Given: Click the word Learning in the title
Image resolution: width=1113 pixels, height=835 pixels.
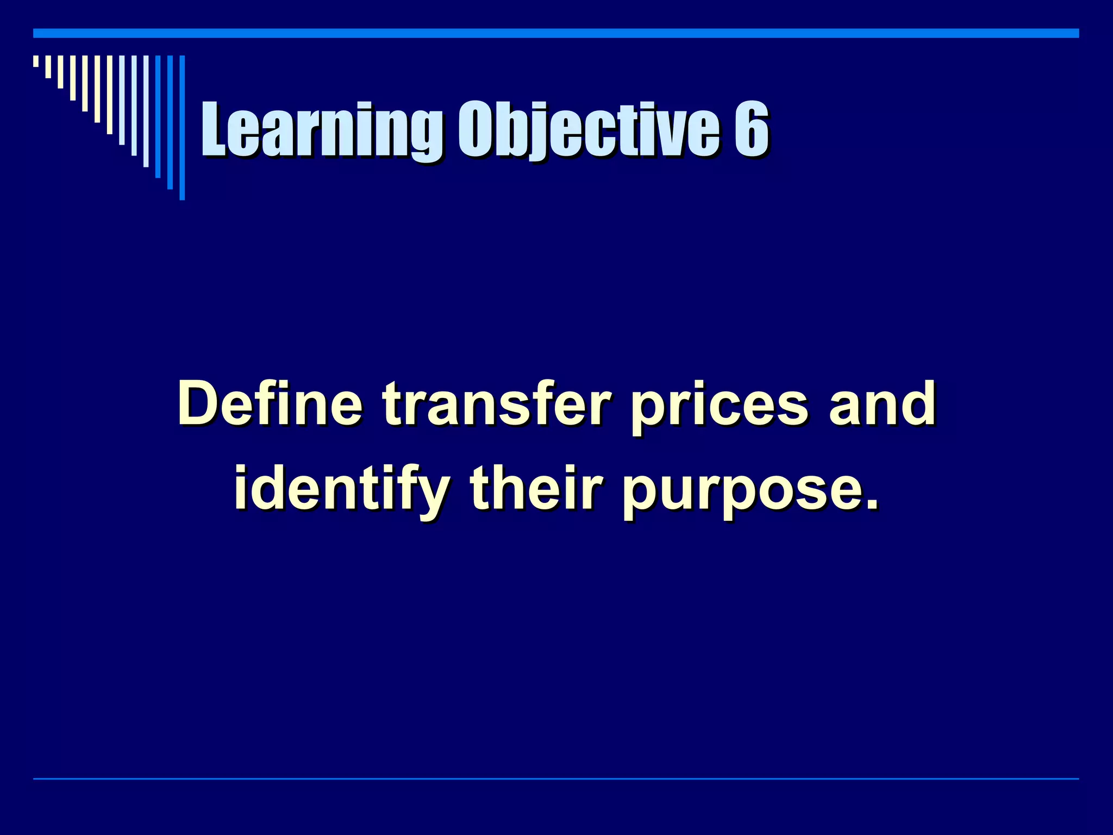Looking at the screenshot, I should pos(321,130).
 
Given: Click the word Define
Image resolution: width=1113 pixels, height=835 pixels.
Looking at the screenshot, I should pos(270,404).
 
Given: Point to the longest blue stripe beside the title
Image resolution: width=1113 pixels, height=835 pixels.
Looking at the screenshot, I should pos(182,128).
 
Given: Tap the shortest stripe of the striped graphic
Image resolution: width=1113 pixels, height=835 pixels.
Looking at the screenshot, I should pos(36,61).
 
